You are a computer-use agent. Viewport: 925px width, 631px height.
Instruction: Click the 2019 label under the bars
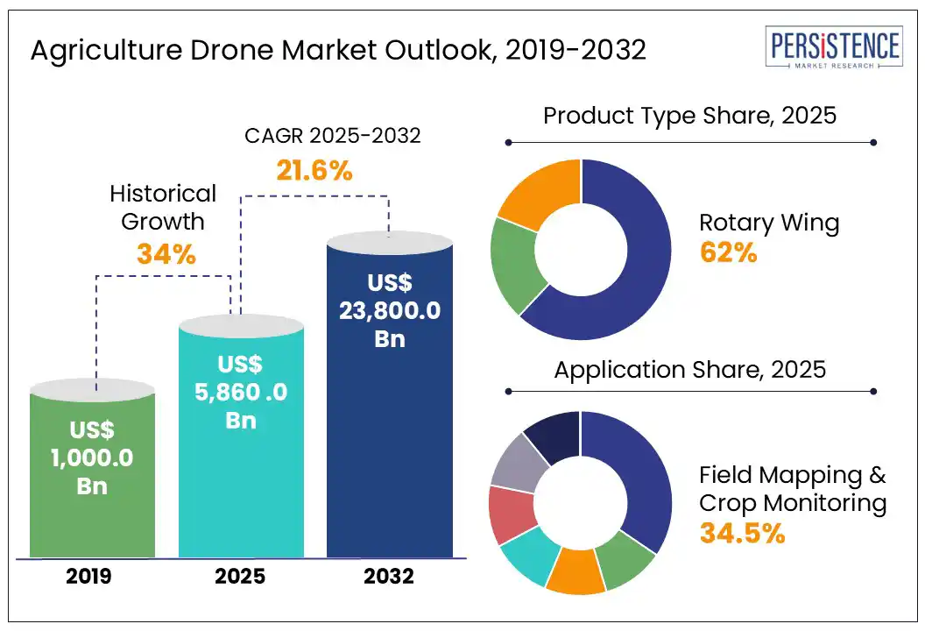[x=92, y=577]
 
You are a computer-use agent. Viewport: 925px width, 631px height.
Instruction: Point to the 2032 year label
[x=390, y=577]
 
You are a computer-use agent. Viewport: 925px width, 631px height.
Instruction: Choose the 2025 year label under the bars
[x=241, y=577]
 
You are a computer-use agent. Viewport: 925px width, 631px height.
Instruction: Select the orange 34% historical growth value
[x=166, y=253]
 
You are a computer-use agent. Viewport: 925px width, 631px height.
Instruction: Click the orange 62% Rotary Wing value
[x=728, y=252]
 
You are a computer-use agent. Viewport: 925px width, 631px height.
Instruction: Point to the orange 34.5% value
[x=741, y=532]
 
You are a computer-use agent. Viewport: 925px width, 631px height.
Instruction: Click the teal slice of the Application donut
[x=530, y=561]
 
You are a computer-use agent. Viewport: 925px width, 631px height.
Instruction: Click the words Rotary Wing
[x=768, y=223]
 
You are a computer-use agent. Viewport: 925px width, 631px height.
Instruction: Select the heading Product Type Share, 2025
[x=689, y=116]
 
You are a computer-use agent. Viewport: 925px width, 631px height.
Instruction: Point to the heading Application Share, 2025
[x=689, y=369]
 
